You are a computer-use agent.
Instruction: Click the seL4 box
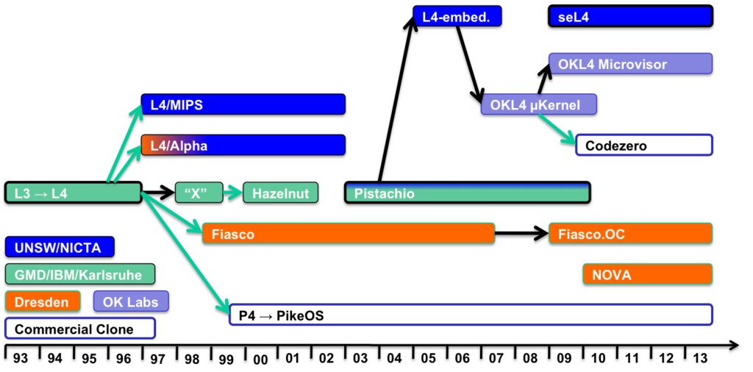(x=630, y=16)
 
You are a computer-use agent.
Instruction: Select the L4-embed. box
(x=457, y=16)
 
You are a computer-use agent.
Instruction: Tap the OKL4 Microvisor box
(x=630, y=63)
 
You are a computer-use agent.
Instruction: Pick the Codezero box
(x=644, y=145)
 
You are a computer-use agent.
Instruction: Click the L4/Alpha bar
(x=243, y=145)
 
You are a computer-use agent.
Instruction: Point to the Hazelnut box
(x=280, y=193)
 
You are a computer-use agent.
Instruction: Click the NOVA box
(x=648, y=274)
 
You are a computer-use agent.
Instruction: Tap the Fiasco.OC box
(x=630, y=233)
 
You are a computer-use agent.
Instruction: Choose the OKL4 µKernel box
(x=539, y=104)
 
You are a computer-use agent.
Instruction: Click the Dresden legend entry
(x=42, y=301)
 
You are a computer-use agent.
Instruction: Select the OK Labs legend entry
(x=132, y=301)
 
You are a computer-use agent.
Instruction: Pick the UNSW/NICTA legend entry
(x=60, y=247)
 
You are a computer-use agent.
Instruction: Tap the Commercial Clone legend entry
(x=80, y=329)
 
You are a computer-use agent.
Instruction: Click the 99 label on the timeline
(x=226, y=359)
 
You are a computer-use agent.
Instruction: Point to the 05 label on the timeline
(x=429, y=359)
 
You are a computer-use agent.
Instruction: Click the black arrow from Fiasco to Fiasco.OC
(x=521, y=234)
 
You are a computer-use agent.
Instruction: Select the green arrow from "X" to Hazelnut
(x=233, y=193)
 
